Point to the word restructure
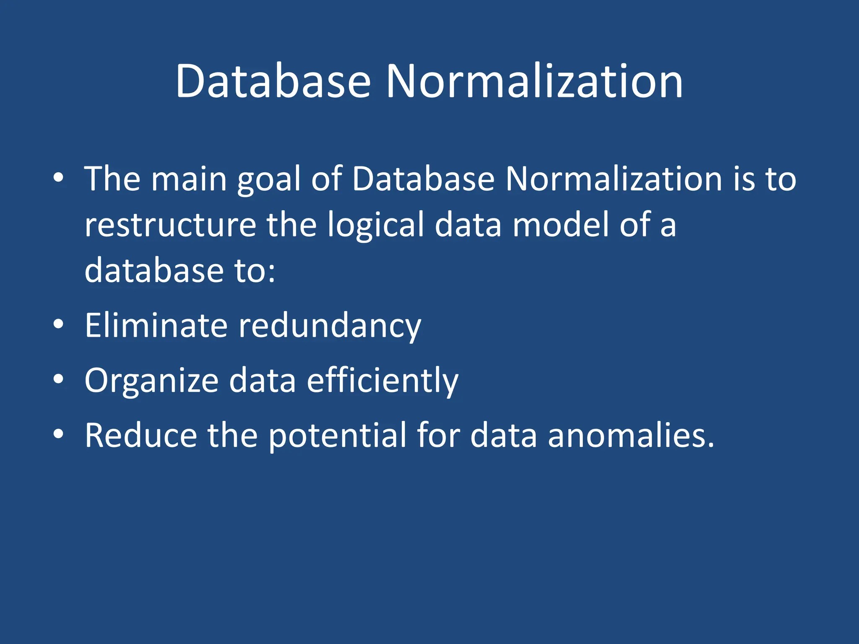click(170, 225)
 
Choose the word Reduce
click(141, 435)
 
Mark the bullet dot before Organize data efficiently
click(59, 379)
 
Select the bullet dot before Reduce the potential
click(59, 434)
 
